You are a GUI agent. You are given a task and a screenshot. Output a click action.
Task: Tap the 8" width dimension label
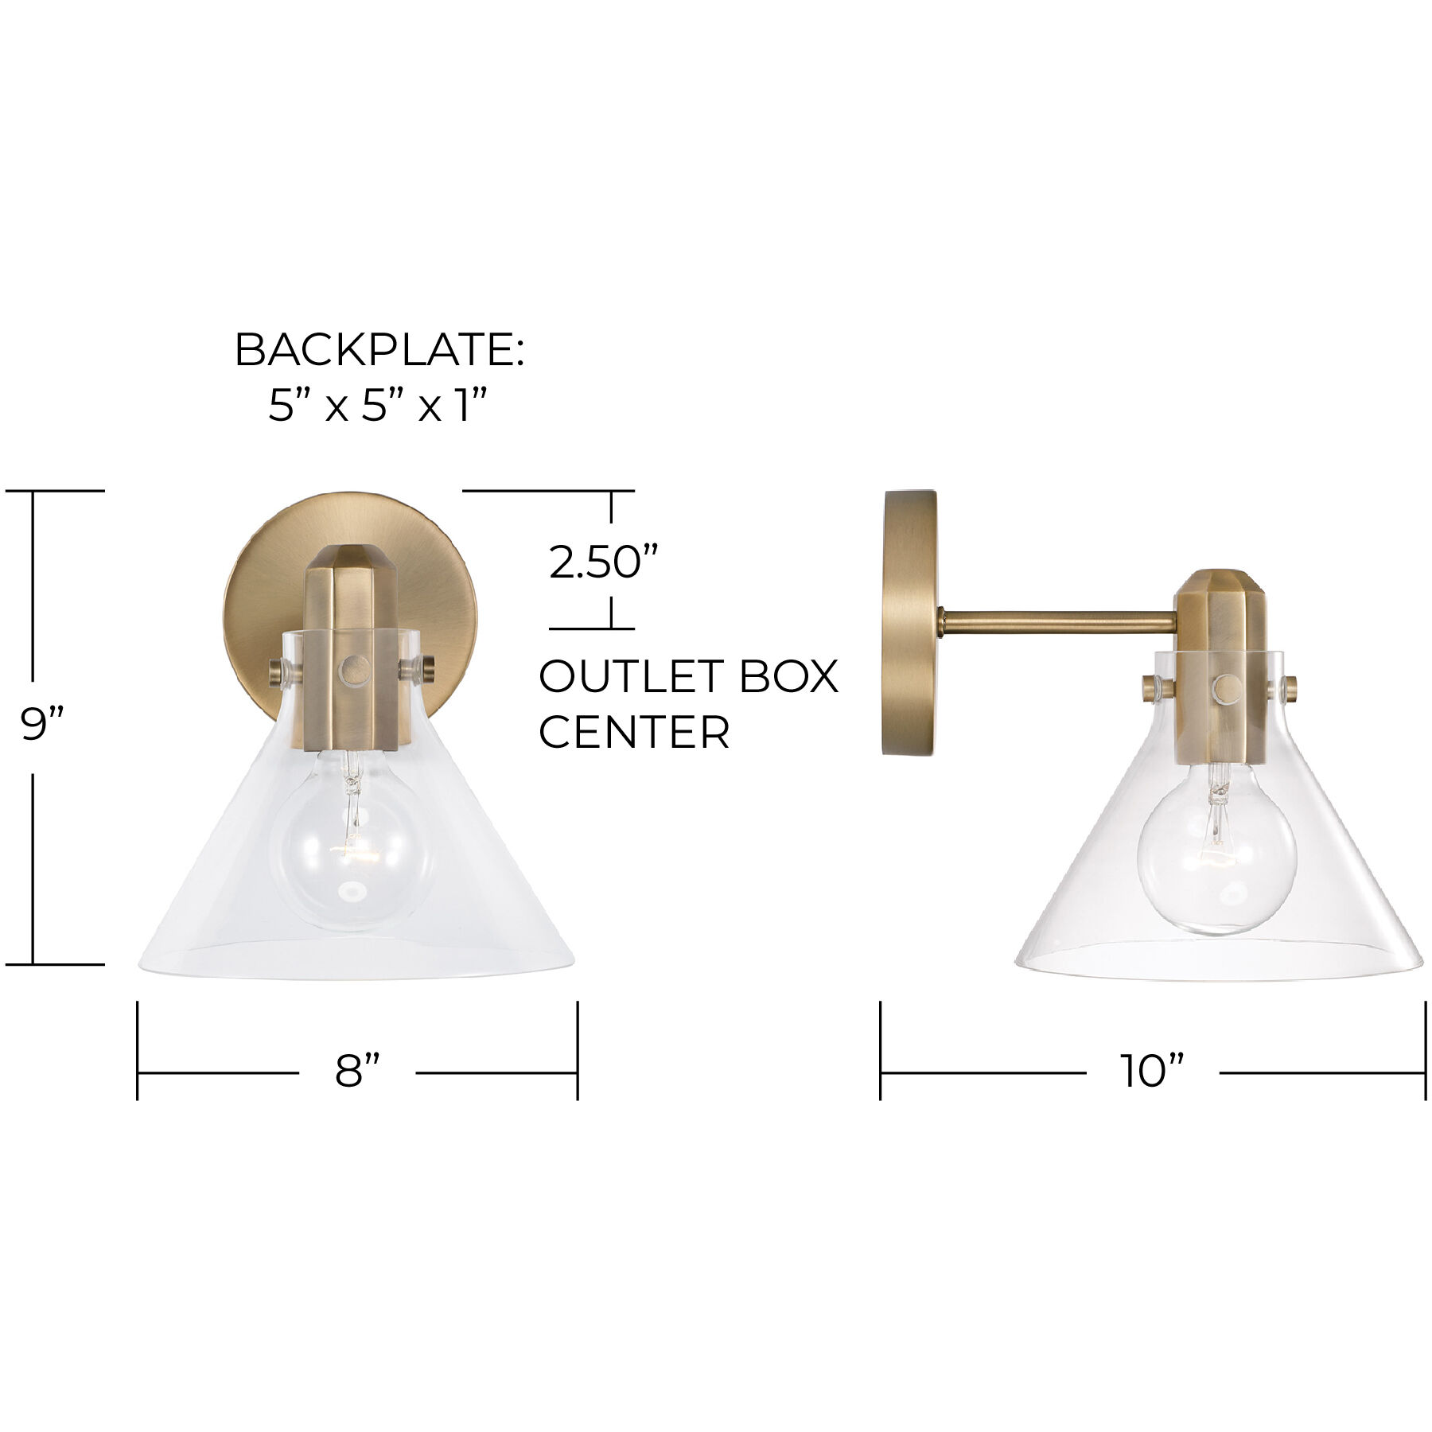tap(357, 1071)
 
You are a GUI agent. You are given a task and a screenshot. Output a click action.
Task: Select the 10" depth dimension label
tap(1152, 1071)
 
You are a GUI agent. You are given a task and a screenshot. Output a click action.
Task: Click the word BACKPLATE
tap(379, 350)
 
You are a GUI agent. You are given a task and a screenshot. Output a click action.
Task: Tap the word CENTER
tap(634, 733)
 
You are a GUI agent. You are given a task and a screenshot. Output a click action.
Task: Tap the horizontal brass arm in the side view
tap(1058, 622)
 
